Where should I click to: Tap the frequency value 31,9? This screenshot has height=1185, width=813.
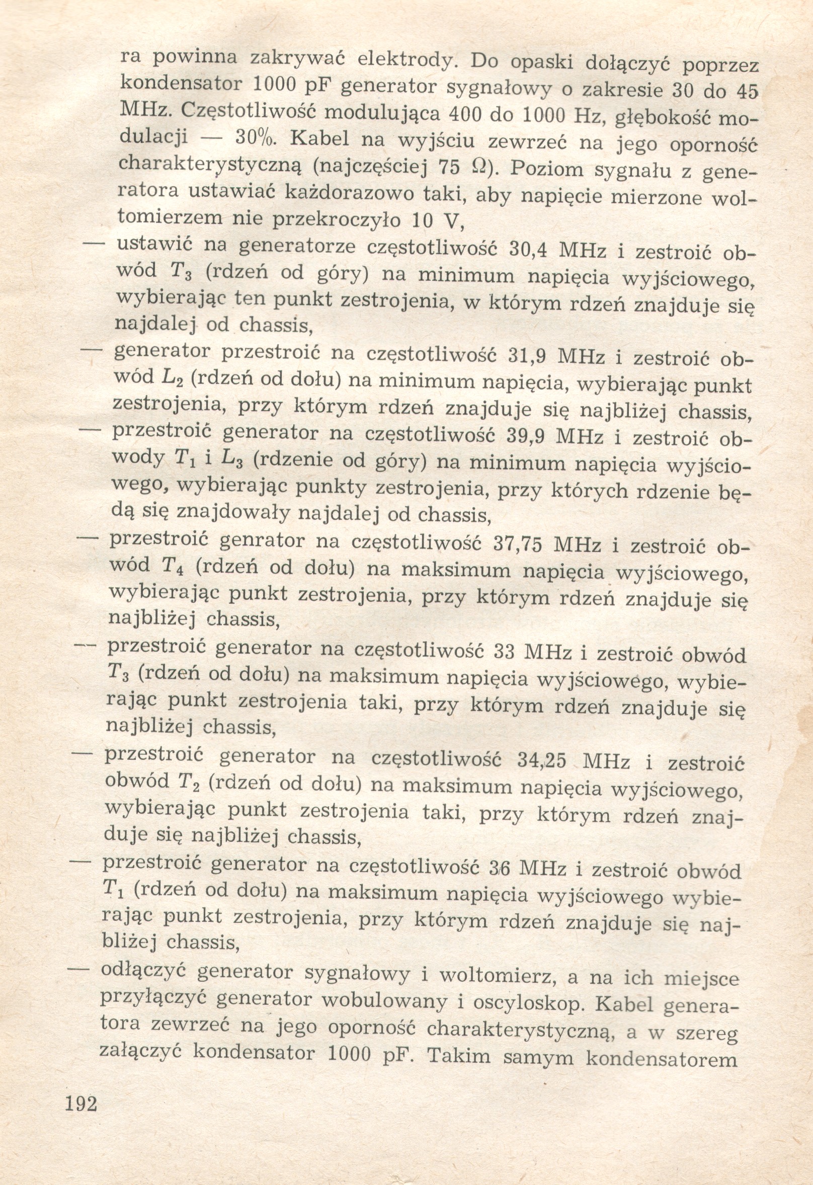click(x=528, y=356)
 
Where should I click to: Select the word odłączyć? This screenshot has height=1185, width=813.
click(x=142, y=970)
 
